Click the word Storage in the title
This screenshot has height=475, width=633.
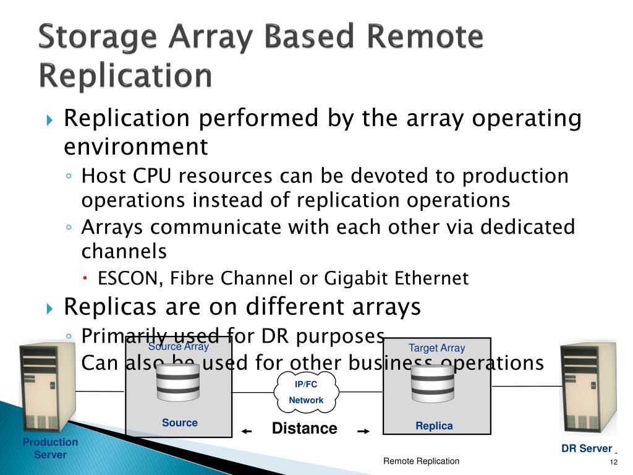coord(96,38)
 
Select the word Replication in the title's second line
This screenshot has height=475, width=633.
coord(125,76)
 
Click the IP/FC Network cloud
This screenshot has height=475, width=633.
coord(307,392)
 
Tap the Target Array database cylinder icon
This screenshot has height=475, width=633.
coord(433,383)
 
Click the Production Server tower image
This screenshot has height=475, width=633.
coord(48,387)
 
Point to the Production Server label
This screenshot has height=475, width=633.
coord(50,448)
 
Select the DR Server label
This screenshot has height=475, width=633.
coord(586,448)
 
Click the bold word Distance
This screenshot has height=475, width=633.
coord(305,429)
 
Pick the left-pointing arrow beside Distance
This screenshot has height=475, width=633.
coord(247,431)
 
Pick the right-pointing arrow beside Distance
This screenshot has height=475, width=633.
coord(363,431)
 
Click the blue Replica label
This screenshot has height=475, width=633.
coord(434,426)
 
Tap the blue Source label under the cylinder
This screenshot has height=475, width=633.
coord(180,422)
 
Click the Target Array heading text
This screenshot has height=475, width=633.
coord(436,348)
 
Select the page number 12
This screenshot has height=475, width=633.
coord(613,463)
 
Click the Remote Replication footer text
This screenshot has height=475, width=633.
coord(421,461)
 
